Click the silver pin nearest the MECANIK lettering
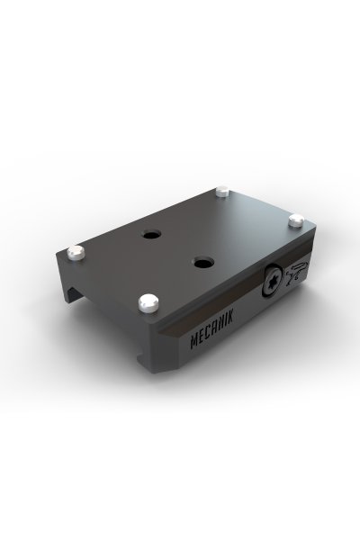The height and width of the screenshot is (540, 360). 148,302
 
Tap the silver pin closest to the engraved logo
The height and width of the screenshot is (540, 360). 296,220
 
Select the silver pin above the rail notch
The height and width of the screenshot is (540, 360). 76,253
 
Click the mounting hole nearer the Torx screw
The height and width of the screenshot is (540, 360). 202,263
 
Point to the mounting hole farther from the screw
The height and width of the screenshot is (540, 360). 152,236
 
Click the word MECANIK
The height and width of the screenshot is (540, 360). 211,329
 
